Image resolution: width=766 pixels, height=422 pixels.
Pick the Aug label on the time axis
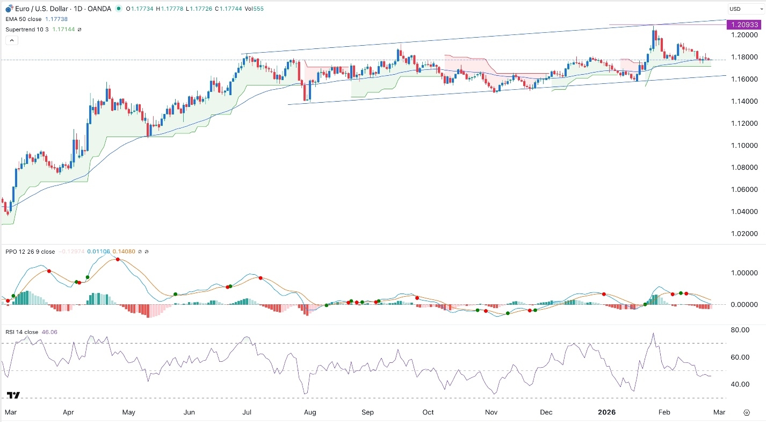(x=310, y=412)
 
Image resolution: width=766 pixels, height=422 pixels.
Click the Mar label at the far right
(x=719, y=412)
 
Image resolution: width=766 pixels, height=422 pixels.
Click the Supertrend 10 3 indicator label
(x=27, y=29)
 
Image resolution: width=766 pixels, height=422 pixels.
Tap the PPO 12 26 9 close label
(x=30, y=252)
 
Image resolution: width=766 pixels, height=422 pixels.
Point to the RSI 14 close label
(x=21, y=332)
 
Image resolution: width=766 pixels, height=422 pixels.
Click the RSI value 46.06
(x=50, y=332)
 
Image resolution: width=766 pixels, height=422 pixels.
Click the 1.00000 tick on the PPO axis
(x=741, y=273)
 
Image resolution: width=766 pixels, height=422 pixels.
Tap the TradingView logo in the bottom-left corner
(x=14, y=395)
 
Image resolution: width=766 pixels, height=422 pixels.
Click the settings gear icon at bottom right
(x=747, y=412)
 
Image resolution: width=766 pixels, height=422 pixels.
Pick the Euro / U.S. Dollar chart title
(x=34, y=9)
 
